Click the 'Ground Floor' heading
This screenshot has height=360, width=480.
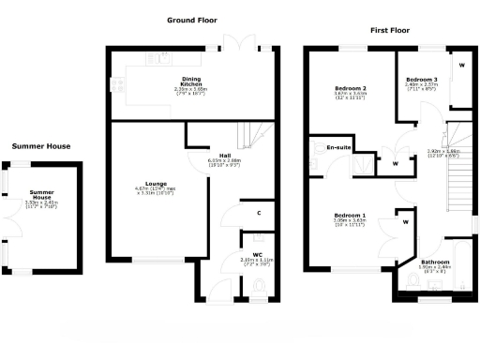[x=194, y=19]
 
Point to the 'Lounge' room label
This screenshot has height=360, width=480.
[x=156, y=184]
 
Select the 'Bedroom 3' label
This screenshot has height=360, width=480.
[x=422, y=78]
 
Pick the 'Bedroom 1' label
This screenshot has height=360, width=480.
[x=350, y=216]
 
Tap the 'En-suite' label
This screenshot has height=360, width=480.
[x=337, y=148]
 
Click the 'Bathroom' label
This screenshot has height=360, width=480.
[x=434, y=262]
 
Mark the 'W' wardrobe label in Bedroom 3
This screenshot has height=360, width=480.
[x=461, y=66]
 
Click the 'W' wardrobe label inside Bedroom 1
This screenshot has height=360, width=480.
[x=406, y=222]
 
